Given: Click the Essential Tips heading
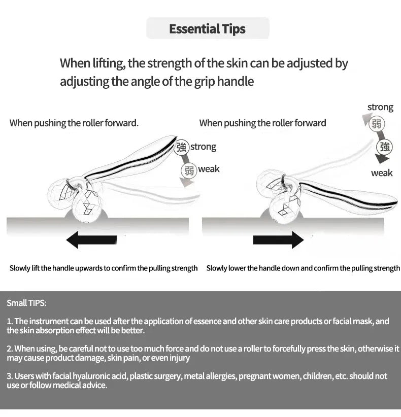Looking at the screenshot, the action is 207,29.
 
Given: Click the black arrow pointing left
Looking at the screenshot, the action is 91,239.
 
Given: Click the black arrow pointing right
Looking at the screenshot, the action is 278,239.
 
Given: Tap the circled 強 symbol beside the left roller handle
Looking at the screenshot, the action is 182,147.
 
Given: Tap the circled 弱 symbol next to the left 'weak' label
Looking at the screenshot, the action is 189,170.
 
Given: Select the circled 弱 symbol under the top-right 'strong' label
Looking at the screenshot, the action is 377,124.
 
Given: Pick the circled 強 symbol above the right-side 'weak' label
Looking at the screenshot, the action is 384,147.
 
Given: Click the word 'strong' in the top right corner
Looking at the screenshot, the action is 380,107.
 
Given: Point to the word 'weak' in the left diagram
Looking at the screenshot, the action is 209,169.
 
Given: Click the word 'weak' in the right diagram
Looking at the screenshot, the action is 382,173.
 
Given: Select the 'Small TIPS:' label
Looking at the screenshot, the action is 26,303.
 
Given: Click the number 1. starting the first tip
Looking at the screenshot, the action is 10,321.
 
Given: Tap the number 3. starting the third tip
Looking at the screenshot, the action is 10,376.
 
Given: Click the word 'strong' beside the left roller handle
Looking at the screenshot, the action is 204,147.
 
